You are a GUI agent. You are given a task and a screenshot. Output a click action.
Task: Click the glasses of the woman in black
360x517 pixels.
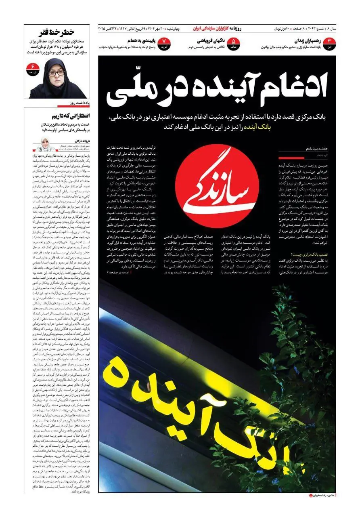click(x=57, y=73)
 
